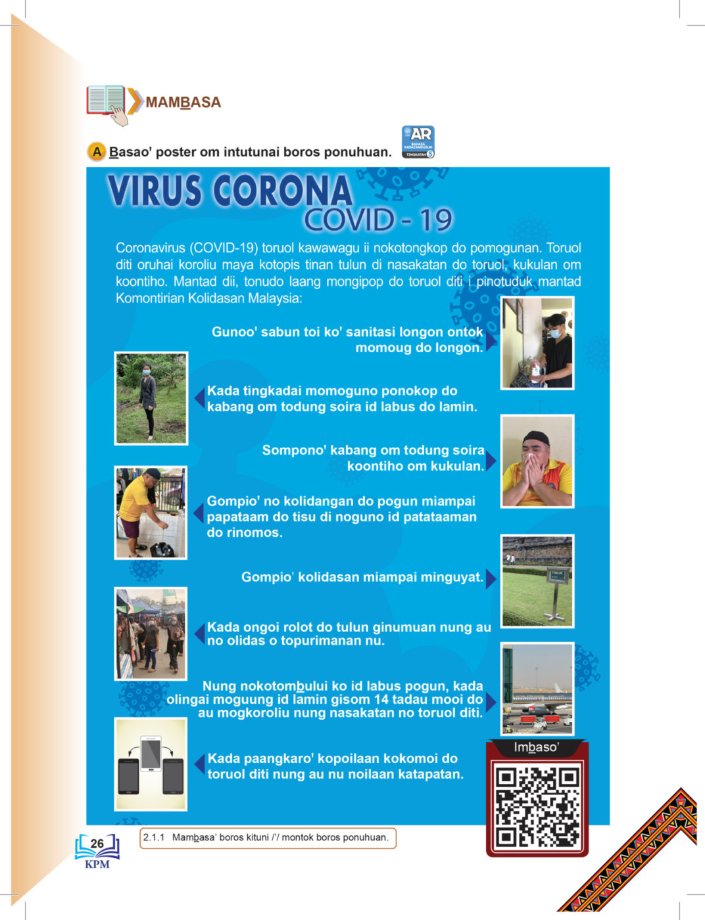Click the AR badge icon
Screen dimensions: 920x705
tap(418, 142)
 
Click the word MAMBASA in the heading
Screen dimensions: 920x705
tap(183, 103)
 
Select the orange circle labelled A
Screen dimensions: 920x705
tap(97, 152)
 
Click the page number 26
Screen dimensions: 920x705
tap(97, 843)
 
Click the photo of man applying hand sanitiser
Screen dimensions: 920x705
tap(537, 343)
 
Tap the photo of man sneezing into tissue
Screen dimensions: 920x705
tap(537, 461)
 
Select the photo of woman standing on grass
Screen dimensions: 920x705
tap(151, 398)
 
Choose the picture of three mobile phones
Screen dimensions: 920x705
tap(151, 764)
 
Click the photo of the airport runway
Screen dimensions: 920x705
tap(537, 689)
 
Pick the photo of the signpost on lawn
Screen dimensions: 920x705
tap(537, 581)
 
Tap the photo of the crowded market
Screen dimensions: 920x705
tap(151, 633)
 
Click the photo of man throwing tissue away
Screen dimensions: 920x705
tap(151, 513)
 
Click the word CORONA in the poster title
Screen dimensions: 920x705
tap(282, 191)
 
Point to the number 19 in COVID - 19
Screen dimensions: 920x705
tap(436, 220)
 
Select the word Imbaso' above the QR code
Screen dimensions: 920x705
tap(537, 747)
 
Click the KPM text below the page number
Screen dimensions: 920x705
tap(97, 864)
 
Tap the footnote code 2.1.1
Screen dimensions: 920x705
tap(154, 837)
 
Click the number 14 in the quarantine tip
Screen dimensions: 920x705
tap(381, 699)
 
